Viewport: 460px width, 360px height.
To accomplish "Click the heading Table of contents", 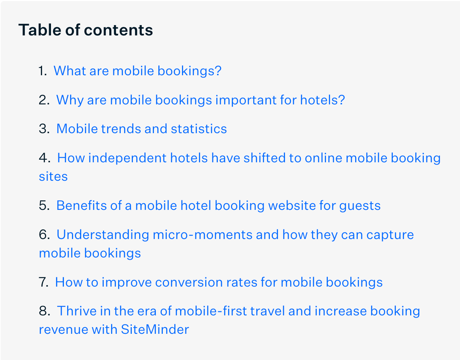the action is click(86, 30).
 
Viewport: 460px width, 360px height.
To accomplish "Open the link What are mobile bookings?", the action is click(137, 71).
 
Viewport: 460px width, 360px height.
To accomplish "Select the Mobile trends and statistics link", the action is click(142, 129).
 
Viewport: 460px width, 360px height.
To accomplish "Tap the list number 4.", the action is click(44, 158).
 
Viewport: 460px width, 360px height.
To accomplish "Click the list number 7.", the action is click(44, 282).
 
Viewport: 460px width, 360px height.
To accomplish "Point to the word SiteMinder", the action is click(155, 329).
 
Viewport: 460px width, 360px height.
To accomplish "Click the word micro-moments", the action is click(203, 235).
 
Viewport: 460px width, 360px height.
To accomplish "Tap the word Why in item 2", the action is click(70, 100).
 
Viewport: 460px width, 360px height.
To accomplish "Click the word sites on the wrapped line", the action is click(53, 176).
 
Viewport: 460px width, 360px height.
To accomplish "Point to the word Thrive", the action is click(77, 311).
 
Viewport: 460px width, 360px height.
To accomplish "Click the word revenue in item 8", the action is click(63, 329).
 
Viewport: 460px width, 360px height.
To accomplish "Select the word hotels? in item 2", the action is click(323, 100).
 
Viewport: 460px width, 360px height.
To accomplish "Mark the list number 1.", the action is click(43, 71).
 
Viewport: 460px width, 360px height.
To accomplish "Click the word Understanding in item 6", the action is click(103, 235).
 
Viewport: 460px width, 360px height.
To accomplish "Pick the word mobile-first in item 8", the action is click(211, 311).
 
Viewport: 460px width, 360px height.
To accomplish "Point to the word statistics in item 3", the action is click(199, 129).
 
